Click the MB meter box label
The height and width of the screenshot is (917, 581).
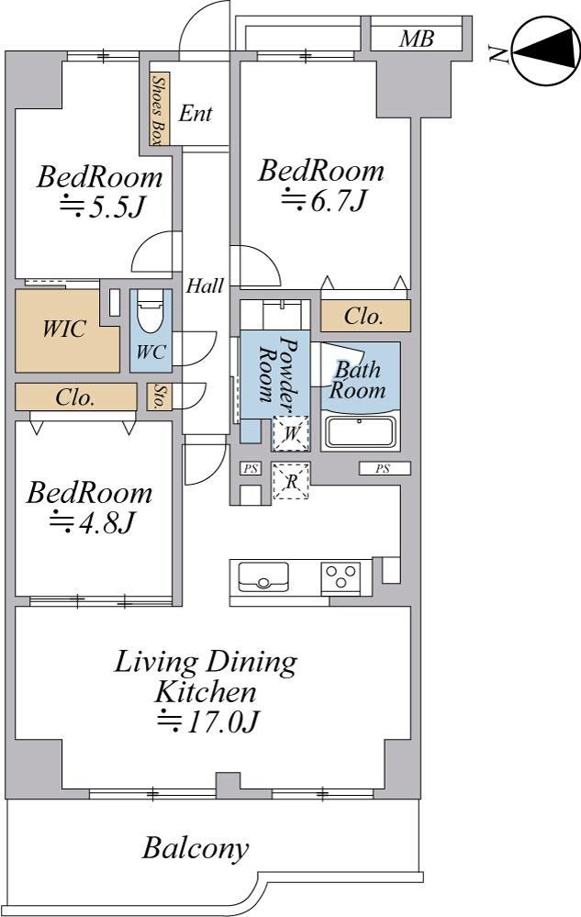click(x=417, y=39)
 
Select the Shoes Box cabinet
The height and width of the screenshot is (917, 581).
click(x=157, y=109)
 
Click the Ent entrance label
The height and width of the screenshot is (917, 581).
click(x=196, y=113)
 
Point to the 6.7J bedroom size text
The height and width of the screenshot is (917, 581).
click(x=324, y=202)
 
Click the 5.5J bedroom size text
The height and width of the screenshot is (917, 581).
click(x=102, y=207)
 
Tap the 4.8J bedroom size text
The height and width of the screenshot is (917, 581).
click(x=93, y=522)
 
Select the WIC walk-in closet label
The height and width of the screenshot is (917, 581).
click(x=64, y=329)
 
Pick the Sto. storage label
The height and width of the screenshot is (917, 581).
click(x=158, y=397)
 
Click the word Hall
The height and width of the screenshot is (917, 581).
click(x=206, y=286)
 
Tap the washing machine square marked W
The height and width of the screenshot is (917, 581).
click(x=291, y=433)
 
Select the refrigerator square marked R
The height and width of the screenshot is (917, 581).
click(x=291, y=481)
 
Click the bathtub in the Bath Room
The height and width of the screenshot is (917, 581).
click(x=360, y=432)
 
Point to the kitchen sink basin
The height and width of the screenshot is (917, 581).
click(x=263, y=576)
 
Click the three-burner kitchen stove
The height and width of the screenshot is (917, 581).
click(x=341, y=577)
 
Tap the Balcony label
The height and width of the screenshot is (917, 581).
click(x=196, y=848)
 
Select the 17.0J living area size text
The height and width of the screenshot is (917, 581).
click(x=208, y=721)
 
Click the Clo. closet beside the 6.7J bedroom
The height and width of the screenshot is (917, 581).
click(x=365, y=317)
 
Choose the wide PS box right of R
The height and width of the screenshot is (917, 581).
click(x=384, y=468)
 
